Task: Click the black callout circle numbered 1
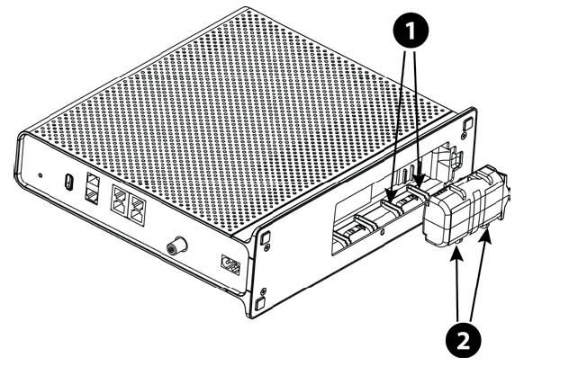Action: coord(412,30)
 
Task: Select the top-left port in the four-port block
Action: coord(117,195)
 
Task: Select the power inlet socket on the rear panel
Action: coord(231,267)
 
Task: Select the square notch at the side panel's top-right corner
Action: coord(466,125)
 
